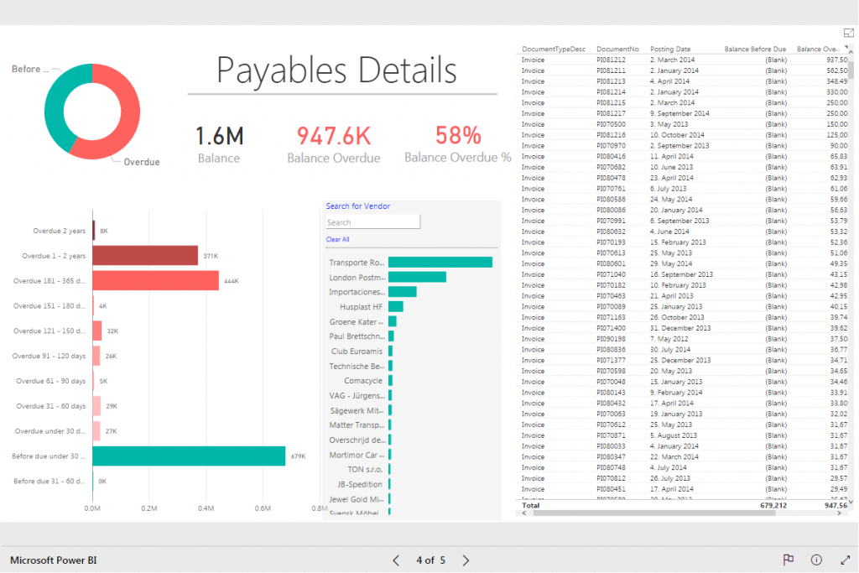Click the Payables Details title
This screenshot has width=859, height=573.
point(336,70)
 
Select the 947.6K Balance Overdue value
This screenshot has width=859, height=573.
point(333,136)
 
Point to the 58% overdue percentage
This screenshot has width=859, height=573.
point(458,136)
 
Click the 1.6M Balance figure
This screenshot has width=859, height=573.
point(219,136)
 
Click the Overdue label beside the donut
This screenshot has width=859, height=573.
point(141,162)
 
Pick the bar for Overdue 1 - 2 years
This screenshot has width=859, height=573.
point(145,256)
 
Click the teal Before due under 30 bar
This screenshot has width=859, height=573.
point(189,456)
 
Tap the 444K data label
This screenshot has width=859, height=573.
point(232,280)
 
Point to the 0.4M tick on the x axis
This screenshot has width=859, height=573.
point(206,508)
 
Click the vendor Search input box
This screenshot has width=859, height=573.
point(372,223)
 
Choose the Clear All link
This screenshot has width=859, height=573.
point(337,240)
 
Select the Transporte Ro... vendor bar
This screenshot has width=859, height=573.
point(440,263)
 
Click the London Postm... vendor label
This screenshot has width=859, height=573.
point(357,278)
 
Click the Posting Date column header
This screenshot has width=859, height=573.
point(670,49)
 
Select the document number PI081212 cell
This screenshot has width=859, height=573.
point(611,60)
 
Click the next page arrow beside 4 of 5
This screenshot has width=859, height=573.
point(466,560)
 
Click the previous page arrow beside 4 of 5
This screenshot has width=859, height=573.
point(397,560)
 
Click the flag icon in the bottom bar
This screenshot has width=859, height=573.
point(788,560)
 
